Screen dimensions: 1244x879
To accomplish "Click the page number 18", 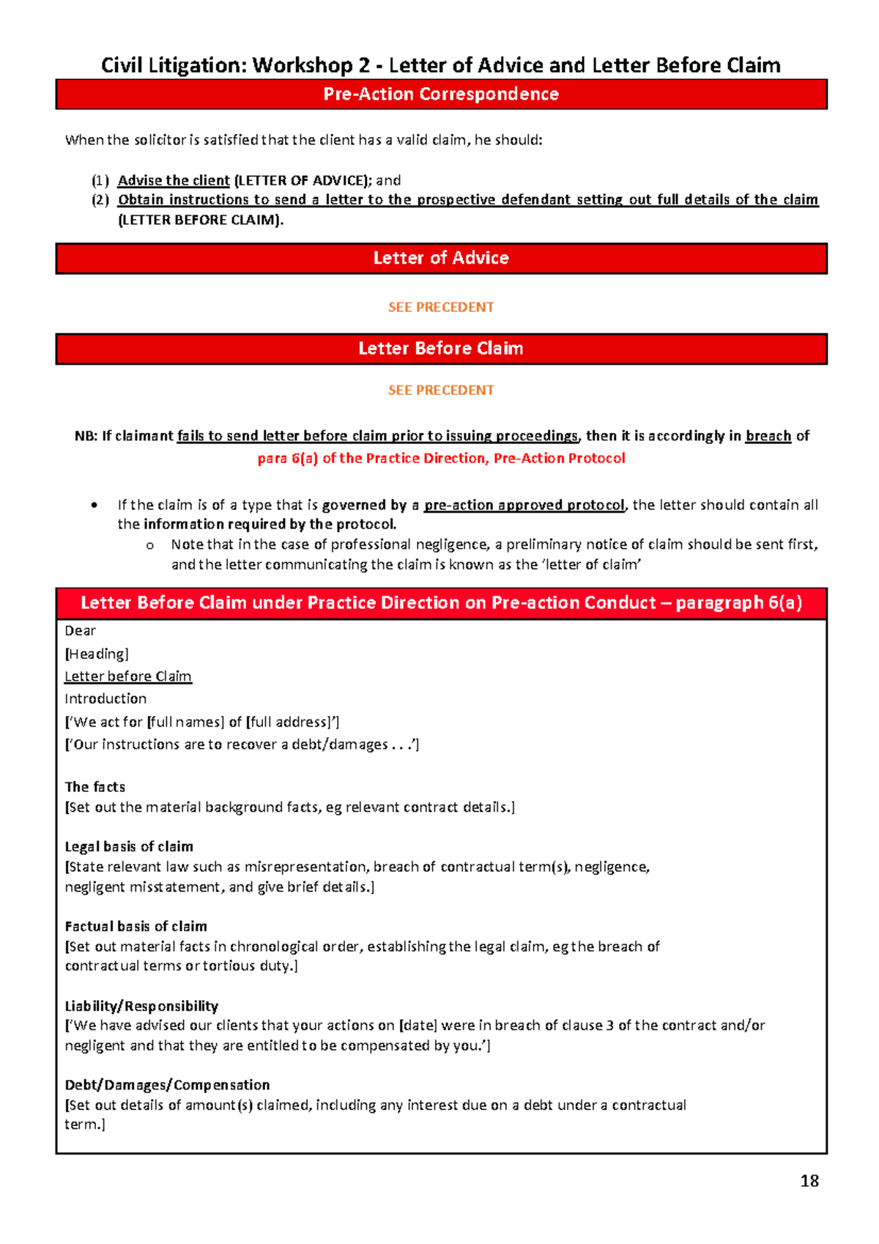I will point(809,1180).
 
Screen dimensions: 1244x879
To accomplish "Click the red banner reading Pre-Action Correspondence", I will point(441,95).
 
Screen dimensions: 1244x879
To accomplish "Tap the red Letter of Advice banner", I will point(441,258).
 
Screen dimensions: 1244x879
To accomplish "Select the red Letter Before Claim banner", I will point(441,349).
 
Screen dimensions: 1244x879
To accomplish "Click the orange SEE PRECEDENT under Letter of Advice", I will point(441,307).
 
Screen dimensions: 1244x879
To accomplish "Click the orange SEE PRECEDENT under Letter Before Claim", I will point(441,390).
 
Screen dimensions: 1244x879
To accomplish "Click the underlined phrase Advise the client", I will point(174,180).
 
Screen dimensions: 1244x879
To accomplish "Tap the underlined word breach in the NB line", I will point(768,436).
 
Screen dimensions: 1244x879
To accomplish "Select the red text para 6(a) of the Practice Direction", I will point(441,459).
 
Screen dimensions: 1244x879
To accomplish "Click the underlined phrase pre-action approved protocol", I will point(524,505).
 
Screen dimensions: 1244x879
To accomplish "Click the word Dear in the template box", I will point(80,631).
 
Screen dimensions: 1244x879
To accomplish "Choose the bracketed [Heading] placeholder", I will point(96,654).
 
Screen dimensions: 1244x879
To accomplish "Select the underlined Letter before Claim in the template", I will point(128,676).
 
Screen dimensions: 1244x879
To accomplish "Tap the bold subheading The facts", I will point(94,787).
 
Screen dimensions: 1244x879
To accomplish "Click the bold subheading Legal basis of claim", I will point(129,846).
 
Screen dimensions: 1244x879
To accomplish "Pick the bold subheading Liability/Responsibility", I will point(141,1006).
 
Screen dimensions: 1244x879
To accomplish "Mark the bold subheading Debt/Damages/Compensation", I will point(167,1084).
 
